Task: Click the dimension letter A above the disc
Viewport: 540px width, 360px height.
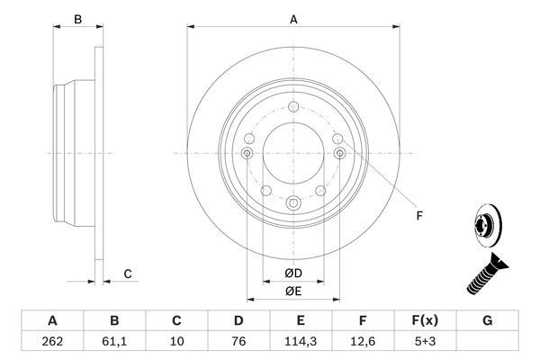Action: pos(292,19)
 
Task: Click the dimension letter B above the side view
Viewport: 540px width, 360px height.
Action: pos(78,19)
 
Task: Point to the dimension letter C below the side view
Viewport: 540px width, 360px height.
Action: pos(128,274)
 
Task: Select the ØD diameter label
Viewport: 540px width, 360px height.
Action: pos(293,273)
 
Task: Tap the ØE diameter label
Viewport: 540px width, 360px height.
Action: pos(293,290)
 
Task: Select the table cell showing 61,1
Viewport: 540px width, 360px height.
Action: pos(114,342)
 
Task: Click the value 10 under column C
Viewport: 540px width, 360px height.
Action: pos(177,342)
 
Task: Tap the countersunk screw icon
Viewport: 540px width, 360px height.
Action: pos(486,274)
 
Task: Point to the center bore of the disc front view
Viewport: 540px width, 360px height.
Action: pos(292,153)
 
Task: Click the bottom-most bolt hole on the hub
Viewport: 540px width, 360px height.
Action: pos(292,205)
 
